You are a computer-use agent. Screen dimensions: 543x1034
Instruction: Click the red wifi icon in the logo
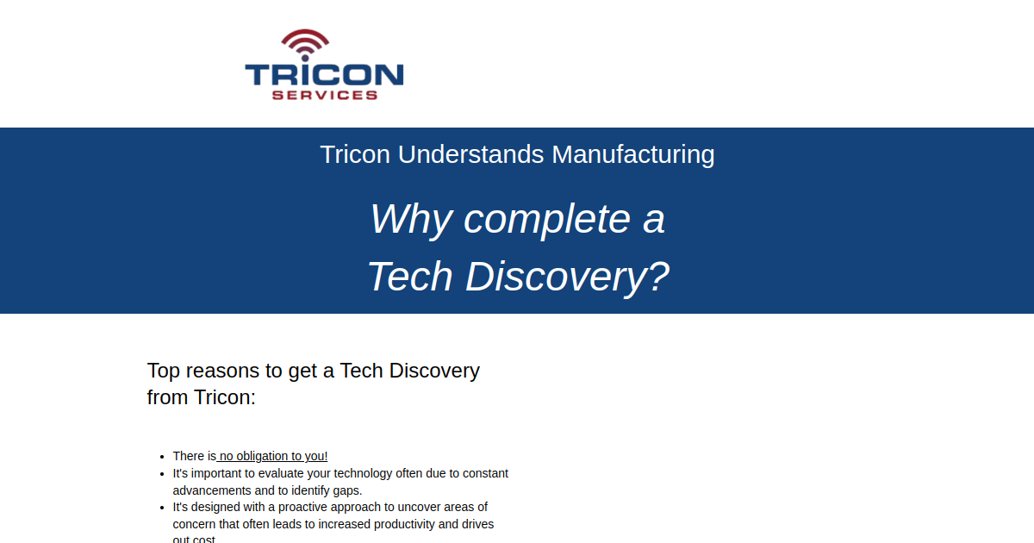(305, 44)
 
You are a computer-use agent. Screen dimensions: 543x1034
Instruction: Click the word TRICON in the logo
(324, 74)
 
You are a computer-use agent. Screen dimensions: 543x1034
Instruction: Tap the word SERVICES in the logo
(325, 95)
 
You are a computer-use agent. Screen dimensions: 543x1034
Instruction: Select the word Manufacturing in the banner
(633, 154)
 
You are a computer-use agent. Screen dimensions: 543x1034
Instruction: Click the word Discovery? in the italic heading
(567, 277)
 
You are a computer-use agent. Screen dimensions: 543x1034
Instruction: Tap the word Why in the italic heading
(411, 219)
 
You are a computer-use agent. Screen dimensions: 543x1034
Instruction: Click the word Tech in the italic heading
(410, 277)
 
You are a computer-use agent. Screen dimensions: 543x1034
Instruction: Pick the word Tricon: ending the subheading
(225, 398)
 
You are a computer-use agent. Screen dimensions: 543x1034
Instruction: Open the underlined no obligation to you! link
(273, 456)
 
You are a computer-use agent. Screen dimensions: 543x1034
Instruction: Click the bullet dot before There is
(162, 457)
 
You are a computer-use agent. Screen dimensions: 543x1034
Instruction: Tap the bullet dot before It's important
(162, 474)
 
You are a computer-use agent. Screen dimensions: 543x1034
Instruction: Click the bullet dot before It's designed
(162, 508)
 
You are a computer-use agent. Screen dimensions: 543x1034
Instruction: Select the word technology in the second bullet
(364, 473)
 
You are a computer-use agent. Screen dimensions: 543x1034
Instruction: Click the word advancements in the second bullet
(214, 490)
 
